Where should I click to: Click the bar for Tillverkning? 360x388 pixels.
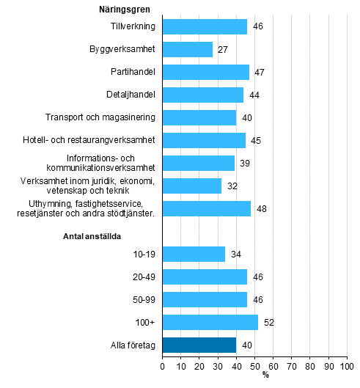point(205,27)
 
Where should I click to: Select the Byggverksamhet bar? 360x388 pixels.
point(187,50)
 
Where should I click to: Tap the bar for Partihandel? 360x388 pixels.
point(205,73)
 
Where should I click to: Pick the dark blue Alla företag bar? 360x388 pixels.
point(199,345)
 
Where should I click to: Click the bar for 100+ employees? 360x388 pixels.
point(210,322)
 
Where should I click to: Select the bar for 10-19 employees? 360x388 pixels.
point(194,254)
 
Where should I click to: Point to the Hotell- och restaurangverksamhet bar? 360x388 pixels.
point(204,140)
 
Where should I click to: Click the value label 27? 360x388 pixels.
point(221,50)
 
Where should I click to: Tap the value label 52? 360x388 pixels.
point(268,322)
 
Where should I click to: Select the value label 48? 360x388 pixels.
point(260,208)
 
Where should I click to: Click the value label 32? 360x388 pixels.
point(231,186)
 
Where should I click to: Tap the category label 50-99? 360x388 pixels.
point(143,299)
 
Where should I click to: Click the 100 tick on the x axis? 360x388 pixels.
point(347,365)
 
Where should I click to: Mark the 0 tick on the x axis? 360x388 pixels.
point(162,365)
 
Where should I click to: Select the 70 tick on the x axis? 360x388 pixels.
point(291,365)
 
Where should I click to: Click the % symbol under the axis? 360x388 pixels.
point(265,375)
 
